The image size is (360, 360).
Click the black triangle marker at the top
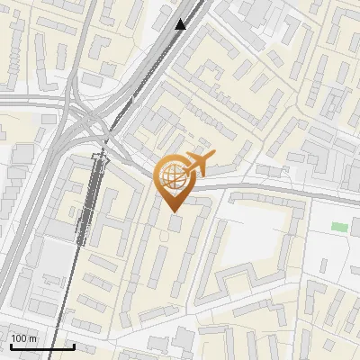tap(181, 24)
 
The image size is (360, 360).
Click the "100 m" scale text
tap(23, 338)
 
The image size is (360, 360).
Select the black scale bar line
tap(41, 346)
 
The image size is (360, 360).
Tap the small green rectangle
tap(338, 226)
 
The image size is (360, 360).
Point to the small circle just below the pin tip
tap(164, 235)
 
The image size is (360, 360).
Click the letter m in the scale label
tap(32, 338)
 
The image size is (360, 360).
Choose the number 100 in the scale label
tap(19, 338)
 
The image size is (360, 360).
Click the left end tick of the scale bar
tap(10, 344)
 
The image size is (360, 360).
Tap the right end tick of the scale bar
tap(73, 344)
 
